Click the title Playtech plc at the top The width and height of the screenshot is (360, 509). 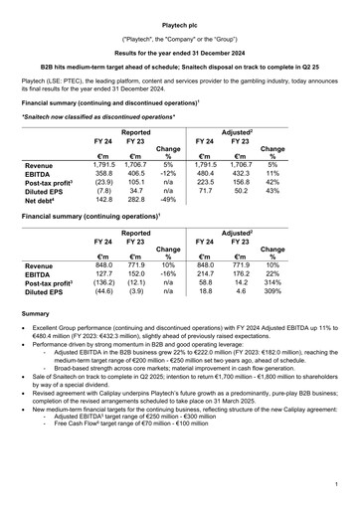coord(180,20)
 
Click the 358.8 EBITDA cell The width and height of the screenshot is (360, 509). coord(103,175)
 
